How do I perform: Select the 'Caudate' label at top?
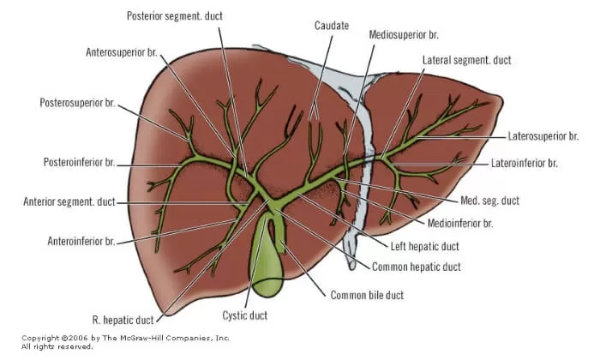[332, 26]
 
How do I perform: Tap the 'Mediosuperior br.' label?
[404, 35]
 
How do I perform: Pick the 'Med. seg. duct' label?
[489, 201]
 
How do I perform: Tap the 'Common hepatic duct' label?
[416, 267]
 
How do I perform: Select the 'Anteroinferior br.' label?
[81, 241]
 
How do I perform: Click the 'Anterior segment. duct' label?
[69, 202]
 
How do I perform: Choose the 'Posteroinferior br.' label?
[79, 162]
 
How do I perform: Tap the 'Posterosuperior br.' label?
[77, 103]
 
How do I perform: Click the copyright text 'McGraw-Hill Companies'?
[155, 338]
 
